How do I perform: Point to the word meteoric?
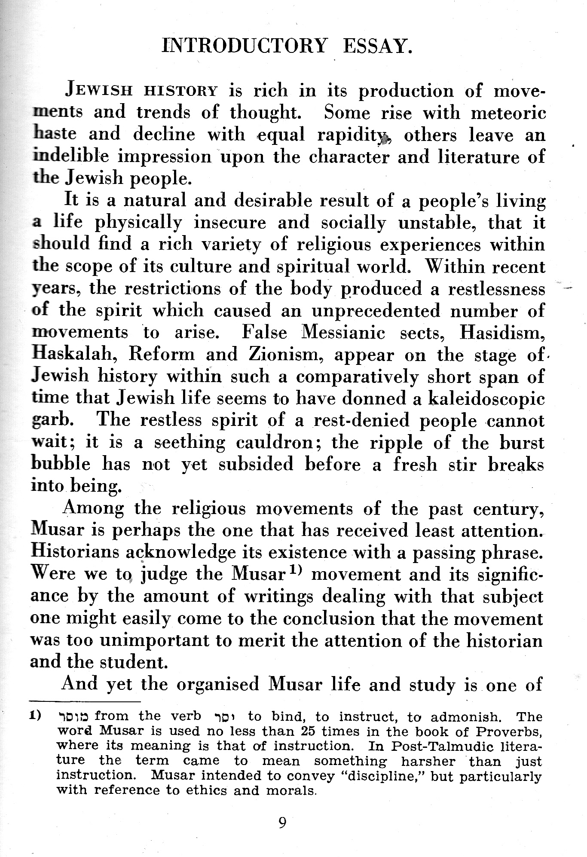(508, 113)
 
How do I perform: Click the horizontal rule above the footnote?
(86, 702)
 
